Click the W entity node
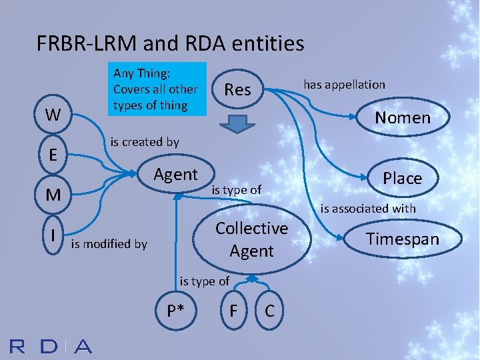(51, 115)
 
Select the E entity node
(51, 155)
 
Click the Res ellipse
(238, 89)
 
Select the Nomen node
(402, 118)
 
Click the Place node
(402, 178)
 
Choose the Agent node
(176, 175)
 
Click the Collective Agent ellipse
(251, 239)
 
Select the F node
(233, 311)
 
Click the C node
(271, 311)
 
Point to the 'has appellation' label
(344, 84)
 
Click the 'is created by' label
(144, 141)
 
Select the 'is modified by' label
(109, 243)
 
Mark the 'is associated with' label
(368, 209)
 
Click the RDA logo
(50, 346)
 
